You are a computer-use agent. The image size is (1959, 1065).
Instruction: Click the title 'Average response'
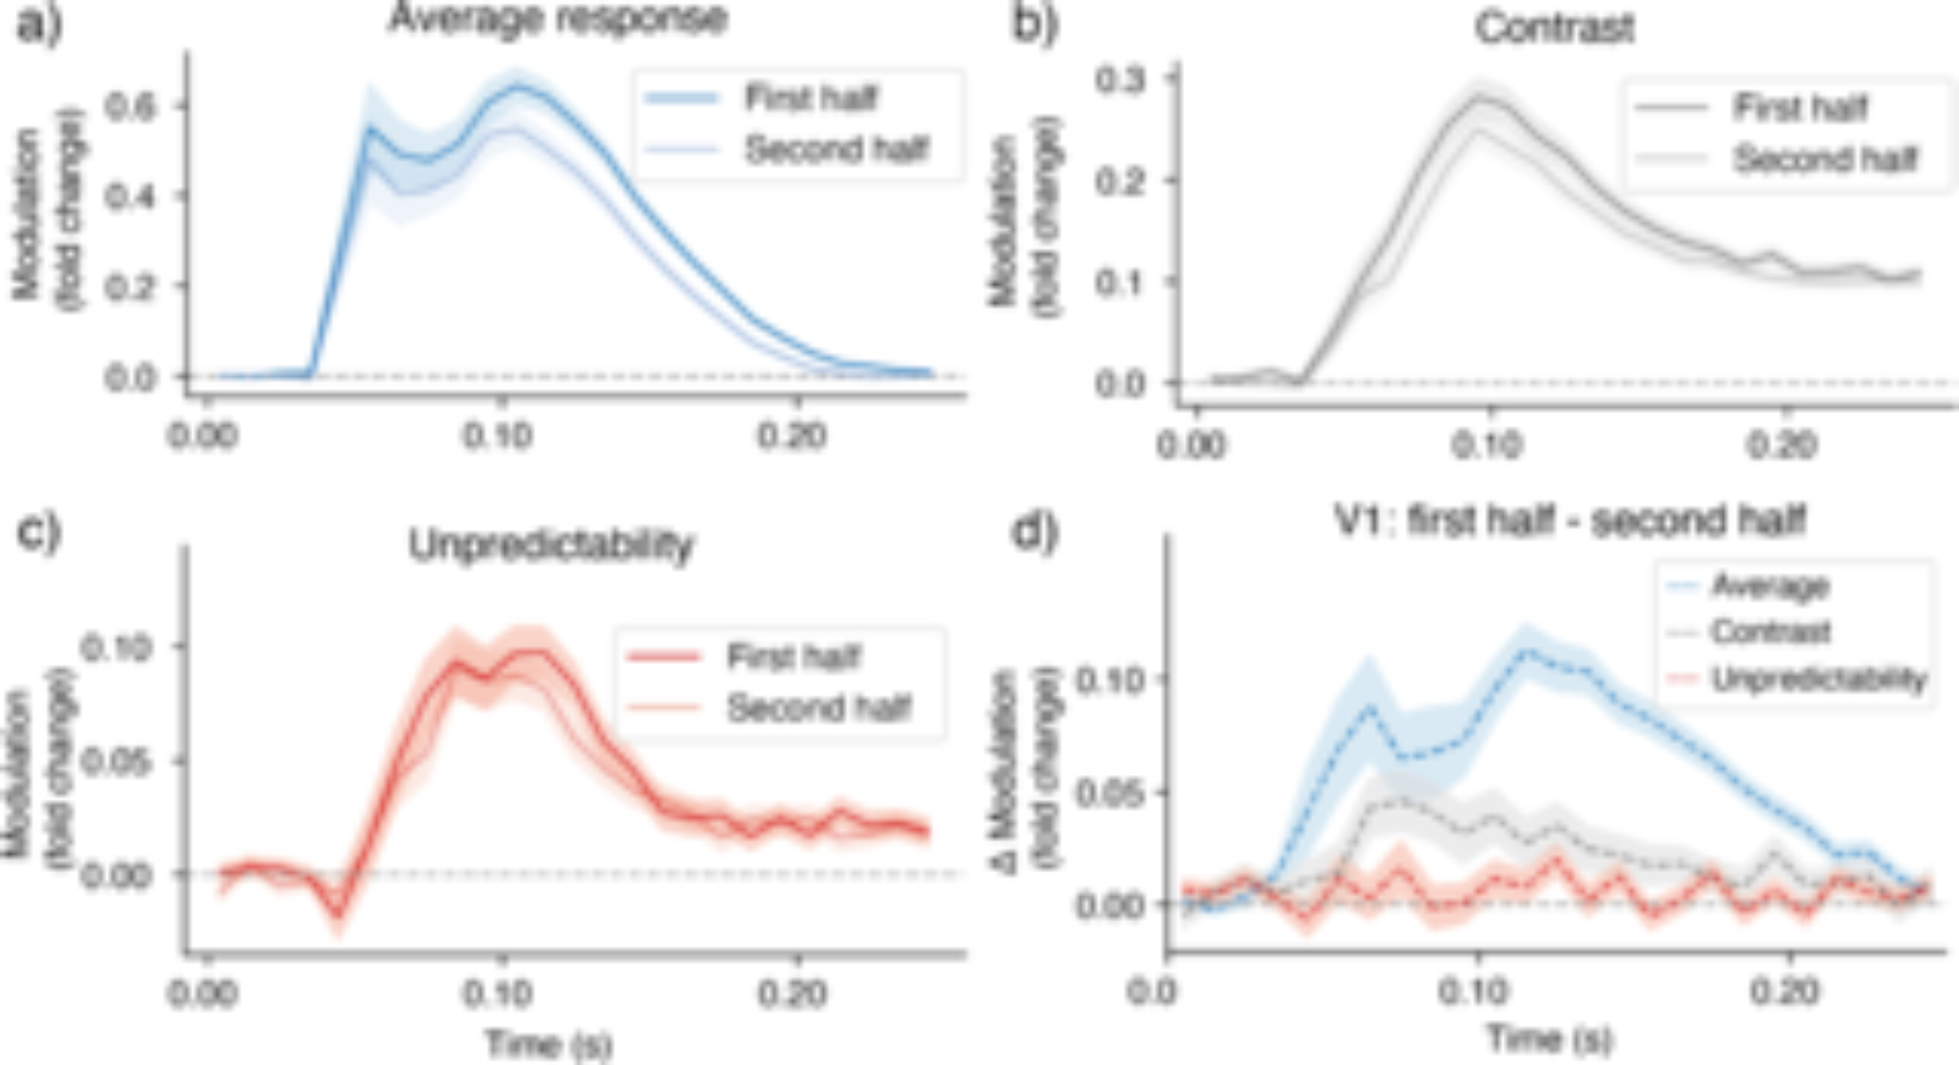coord(557,18)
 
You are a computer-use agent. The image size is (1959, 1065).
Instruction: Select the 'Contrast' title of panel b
coord(1554,27)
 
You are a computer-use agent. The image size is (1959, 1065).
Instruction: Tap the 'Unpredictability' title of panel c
coord(550,545)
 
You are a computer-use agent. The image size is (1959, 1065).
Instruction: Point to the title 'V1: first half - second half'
coord(1569,520)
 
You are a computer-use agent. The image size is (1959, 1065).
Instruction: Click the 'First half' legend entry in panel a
coord(811,98)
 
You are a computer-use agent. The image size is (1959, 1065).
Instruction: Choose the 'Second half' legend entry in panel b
coord(1825,159)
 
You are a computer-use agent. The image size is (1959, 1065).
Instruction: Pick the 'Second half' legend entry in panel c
coord(819,707)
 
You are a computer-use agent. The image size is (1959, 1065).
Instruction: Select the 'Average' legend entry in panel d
coord(1770,586)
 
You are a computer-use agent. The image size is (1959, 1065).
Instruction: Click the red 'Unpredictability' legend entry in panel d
coord(1819,679)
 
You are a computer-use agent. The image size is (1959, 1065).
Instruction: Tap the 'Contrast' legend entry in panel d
coord(1770,632)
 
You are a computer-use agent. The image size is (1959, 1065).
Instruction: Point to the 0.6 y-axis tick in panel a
coord(131,105)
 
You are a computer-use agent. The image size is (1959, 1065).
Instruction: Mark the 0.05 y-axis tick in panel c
coord(116,761)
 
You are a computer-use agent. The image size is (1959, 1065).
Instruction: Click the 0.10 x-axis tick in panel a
coord(499,435)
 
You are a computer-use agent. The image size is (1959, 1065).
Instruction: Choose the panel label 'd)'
coord(1034,532)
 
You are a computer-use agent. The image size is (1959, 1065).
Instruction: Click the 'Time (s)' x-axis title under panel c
coord(549,1044)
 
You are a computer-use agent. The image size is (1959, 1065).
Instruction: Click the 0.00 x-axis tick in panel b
coord(1191,445)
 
